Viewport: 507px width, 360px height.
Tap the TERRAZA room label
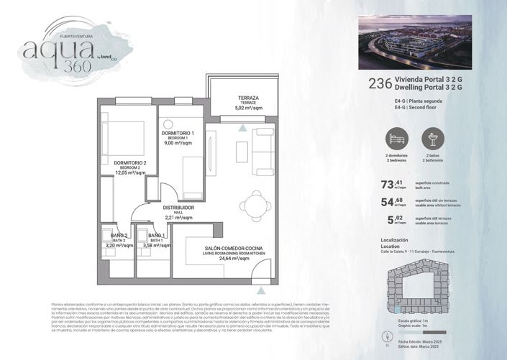(248, 98)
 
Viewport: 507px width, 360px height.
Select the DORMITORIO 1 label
(178, 134)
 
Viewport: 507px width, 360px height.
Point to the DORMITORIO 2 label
(130, 163)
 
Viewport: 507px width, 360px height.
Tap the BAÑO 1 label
(156, 236)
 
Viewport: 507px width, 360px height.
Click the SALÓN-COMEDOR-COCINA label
(224, 247)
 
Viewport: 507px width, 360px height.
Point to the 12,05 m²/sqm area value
(130, 173)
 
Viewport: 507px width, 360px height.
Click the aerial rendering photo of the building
(414, 42)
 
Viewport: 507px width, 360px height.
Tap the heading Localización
(393, 240)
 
